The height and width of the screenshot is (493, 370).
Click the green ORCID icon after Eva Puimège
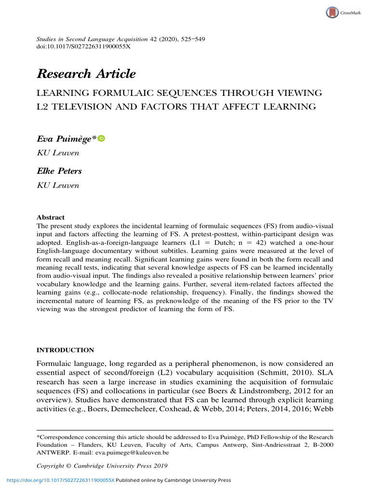click(101, 139)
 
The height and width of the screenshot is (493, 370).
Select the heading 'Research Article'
click(86, 74)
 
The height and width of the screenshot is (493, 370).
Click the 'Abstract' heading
click(51, 217)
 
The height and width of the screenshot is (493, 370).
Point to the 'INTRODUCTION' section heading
click(66, 350)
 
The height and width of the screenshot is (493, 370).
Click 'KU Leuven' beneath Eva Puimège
click(52, 154)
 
